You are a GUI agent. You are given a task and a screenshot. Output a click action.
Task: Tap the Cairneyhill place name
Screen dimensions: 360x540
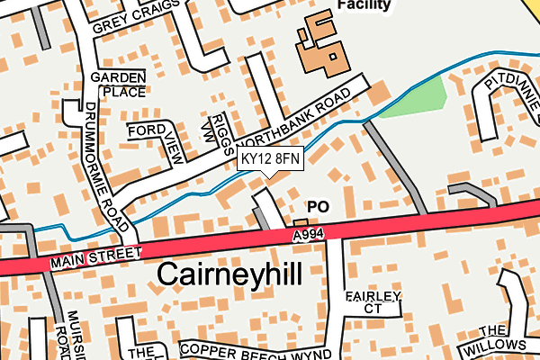tap(229, 274)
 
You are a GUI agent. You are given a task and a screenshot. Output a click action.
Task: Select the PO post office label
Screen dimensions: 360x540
tap(318, 207)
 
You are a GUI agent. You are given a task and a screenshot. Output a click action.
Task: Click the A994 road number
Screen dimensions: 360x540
tap(307, 234)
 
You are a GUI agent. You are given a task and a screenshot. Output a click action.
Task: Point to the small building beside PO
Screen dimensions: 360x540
tap(300, 222)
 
